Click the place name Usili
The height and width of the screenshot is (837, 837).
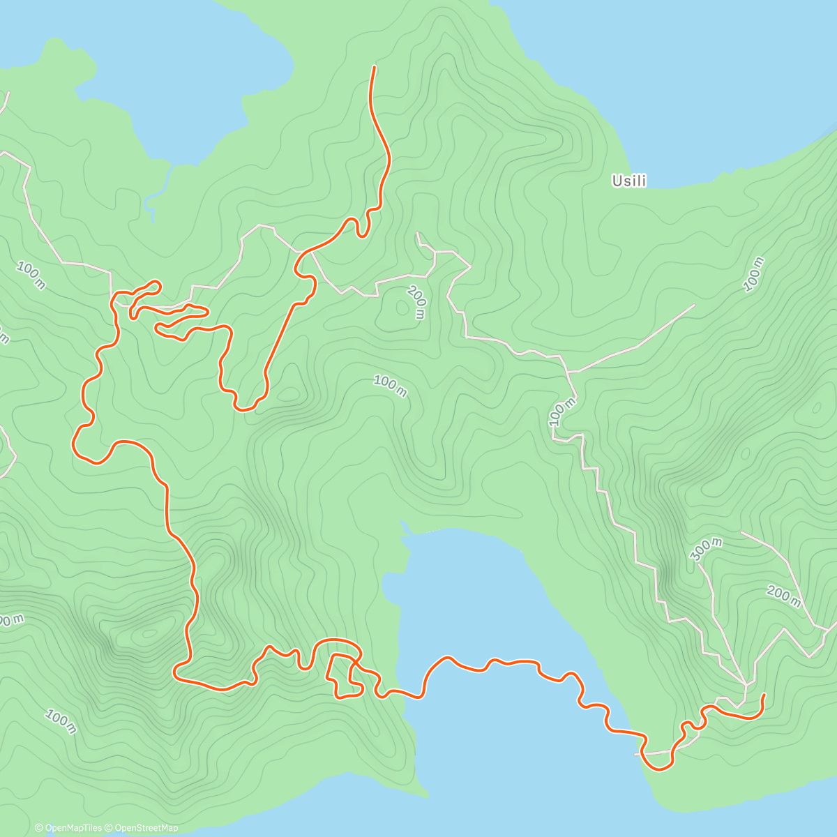(x=628, y=181)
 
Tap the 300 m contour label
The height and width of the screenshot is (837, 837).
(x=706, y=550)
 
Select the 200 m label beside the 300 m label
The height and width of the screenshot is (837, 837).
(x=783, y=596)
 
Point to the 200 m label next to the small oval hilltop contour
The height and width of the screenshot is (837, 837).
(x=416, y=303)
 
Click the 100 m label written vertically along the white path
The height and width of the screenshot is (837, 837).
(x=563, y=412)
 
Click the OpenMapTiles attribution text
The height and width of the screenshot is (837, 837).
(x=68, y=828)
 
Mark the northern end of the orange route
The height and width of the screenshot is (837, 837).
(x=375, y=67)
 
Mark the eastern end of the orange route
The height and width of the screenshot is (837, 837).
(x=764, y=695)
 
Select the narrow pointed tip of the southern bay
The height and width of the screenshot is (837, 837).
(x=403, y=522)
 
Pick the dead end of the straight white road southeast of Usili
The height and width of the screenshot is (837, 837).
(x=694, y=305)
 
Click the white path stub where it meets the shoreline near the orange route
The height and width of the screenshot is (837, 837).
(x=636, y=754)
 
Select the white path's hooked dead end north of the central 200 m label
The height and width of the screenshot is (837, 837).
(x=417, y=234)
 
